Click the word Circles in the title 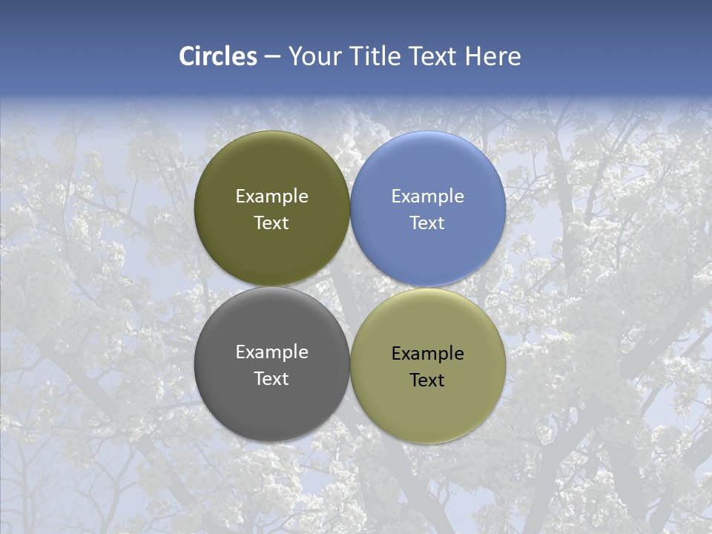[x=218, y=56]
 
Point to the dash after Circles [x=272, y=57]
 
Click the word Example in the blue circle [x=428, y=197]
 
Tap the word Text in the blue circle [x=427, y=223]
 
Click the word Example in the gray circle [x=271, y=352]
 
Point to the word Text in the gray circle [x=271, y=379]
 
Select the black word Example [x=428, y=354]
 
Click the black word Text [x=427, y=380]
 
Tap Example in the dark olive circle [x=271, y=197]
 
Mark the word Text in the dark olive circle [x=271, y=223]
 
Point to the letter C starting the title [x=186, y=56]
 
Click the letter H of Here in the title [x=472, y=56]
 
